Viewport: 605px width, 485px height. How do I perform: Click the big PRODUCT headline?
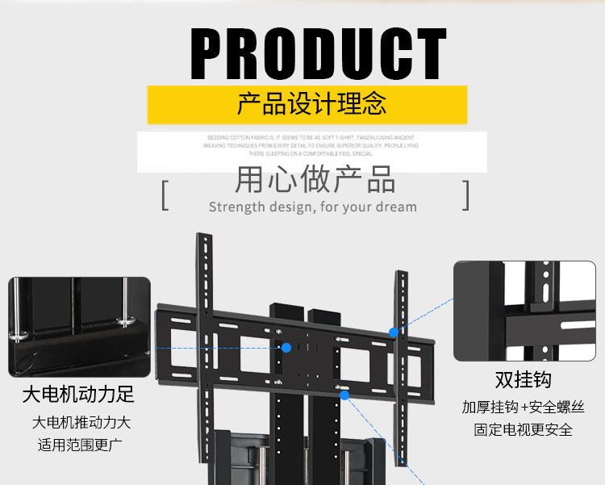tap(319, 53)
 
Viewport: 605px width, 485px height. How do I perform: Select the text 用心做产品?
tap(315, 179)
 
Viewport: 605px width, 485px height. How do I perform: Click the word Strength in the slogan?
tap(236, 207)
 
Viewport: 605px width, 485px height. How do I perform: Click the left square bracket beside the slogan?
tap(165, 196)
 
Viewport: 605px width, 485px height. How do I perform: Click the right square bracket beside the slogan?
tap(465, 196)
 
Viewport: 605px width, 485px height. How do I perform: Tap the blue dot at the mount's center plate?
tap(286, 348)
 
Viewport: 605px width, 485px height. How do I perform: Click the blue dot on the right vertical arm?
tap(394, 332)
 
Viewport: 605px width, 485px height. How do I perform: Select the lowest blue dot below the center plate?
tap(344, 395)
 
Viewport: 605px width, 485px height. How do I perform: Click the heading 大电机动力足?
tap(78, 395)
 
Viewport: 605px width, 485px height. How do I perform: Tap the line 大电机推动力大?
tap(81, 422)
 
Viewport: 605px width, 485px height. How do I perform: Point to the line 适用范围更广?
tap(81, 445)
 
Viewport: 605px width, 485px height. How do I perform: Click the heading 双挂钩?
tap(523, 380)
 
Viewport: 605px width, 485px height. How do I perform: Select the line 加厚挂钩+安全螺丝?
tap(523, 407)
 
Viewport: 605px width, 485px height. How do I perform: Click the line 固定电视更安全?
tap(523, 429)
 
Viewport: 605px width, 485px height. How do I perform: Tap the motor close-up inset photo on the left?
tap(79, 327)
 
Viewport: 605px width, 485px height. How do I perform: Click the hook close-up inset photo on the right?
tap(524, 311)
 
